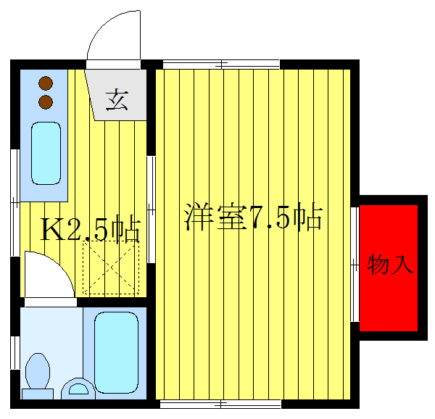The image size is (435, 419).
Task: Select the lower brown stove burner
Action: pyautogui.click(x=46, y=101)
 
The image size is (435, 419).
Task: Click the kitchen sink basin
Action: pyautogui.click(x=46, y=153)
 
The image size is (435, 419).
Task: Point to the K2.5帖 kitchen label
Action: pyautogui.click(x=88, y=230)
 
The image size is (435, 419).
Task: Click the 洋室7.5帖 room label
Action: pyautogui.click(x=252, y=217)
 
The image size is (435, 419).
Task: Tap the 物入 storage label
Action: pyautogui.click(x=390, y=265)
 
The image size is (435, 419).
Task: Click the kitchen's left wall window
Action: pyautogui.click(x=14, y=204)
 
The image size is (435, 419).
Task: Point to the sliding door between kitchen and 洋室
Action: pyautogui.click(x=152, y=210)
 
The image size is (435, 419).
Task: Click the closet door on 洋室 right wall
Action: pyautogui.click(x=355, y=264)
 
